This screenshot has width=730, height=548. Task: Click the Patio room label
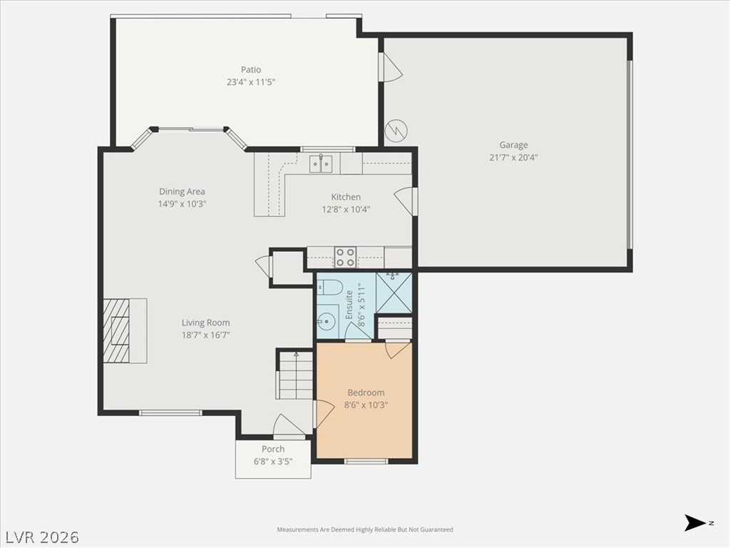point(251,69)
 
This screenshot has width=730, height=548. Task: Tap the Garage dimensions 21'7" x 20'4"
point(513,157)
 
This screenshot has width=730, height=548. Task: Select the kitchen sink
point(322,163)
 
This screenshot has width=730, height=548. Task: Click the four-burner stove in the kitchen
point(346,257)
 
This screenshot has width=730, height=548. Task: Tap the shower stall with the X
point(394,293)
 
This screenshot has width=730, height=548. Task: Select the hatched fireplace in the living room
point(116,330)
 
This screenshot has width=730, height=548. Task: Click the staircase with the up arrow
point(295,375)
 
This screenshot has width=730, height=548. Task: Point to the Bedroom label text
point(366,392)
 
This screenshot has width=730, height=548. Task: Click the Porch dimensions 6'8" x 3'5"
point(273,462)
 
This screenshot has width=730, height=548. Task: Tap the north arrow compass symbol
point(695,523)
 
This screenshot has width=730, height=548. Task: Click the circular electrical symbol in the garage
point(396,131)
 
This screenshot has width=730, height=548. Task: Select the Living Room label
point(206,323)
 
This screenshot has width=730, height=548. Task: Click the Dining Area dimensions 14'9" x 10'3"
point(182,203)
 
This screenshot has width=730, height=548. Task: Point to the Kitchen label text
point(346,197)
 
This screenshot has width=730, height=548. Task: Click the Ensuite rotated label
point(349,305)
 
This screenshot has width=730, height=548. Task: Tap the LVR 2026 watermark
point(41,537)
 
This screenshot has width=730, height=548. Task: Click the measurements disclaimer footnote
point(365,529)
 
